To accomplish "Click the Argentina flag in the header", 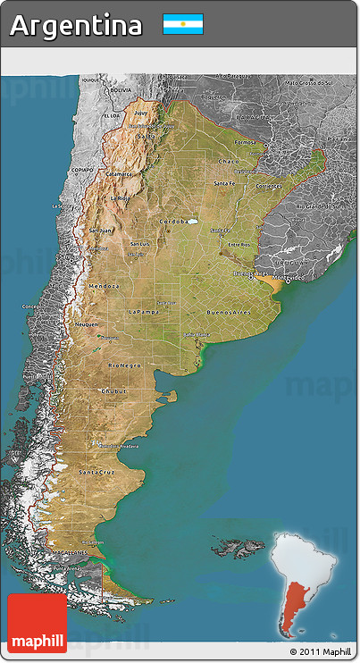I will [x=183, y=24].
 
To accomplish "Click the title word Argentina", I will [x=76, y=26].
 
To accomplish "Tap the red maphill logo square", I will [x=37, y=623].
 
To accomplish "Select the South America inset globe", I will [x=303, y=584].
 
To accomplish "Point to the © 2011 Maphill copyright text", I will [x=320, y=651].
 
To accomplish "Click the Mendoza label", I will [x=104, y=285].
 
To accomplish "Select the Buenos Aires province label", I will [x=228, y=313].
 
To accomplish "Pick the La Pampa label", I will [x=143, y=312].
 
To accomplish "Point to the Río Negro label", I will [x=125, y=365].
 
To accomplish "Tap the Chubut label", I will [x=114, y=390].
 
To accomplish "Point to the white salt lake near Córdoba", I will [x=190, y=221].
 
